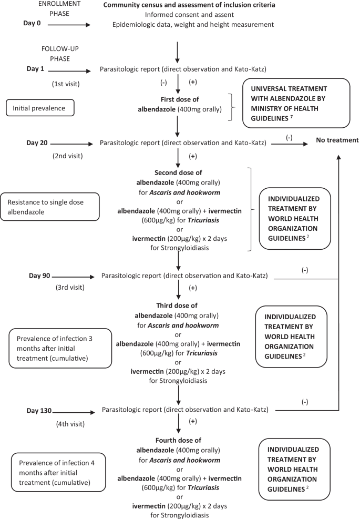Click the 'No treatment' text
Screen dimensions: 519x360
click(337, 140)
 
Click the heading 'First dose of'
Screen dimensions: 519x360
click(180, 99)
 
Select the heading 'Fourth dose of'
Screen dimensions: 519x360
click(180, 440)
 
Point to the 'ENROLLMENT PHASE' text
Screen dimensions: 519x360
click(57, 8)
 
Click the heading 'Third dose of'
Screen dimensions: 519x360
click(180, 307)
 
